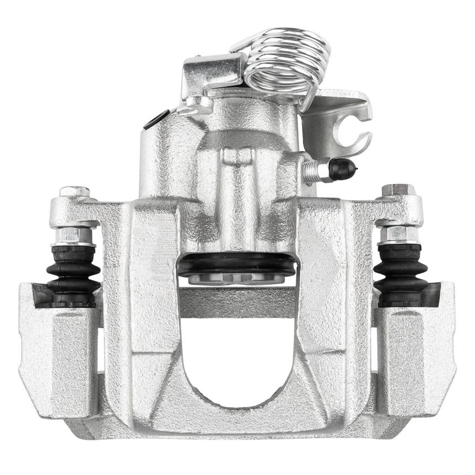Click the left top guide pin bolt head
74,192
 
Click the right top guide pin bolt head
398,190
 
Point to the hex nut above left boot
73,235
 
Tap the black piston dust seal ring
237,264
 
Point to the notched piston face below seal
237,279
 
